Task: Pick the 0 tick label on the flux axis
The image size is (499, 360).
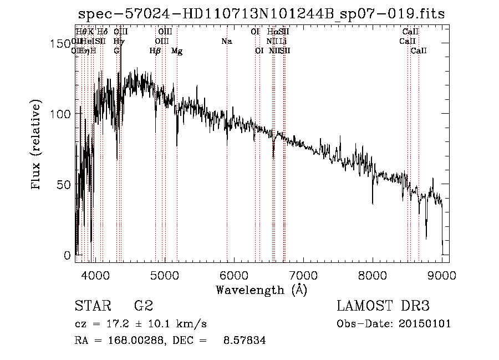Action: [68, 256]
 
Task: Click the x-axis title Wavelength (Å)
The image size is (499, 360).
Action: [261, 290]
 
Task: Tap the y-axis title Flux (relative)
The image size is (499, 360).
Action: [37, 145]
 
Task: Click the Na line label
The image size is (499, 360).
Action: [226, 41]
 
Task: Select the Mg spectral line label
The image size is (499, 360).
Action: [177, 51]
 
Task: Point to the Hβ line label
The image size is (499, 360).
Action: [155, 51]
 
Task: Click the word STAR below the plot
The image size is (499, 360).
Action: [91, 306]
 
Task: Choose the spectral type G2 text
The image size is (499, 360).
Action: [143, 306]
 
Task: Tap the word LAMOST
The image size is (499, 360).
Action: [363, 306]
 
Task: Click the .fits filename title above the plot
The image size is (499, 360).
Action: [262, 14]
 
